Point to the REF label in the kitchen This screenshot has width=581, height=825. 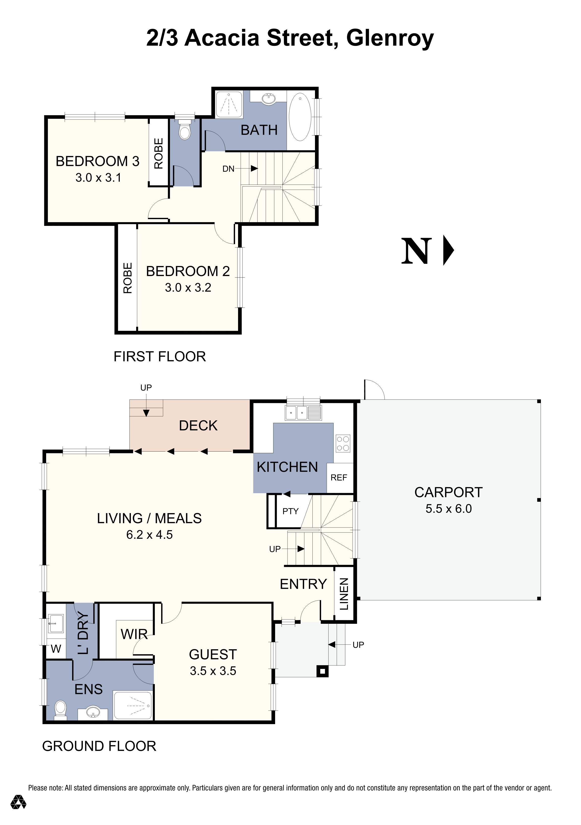[x=339, y=478]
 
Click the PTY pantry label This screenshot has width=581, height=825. [x=290, y=511]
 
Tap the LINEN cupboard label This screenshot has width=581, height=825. [x=344, y=594]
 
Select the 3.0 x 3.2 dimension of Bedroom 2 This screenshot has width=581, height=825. [x=188, y=287]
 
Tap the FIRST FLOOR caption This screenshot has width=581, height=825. [x=160, y=357]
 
